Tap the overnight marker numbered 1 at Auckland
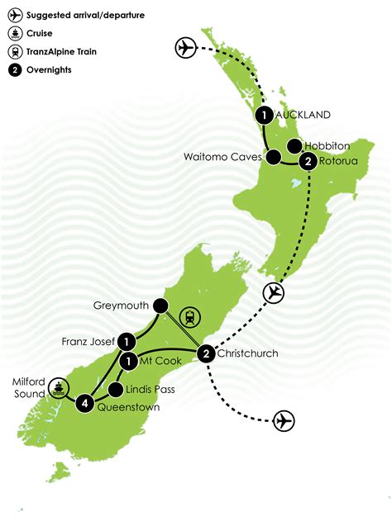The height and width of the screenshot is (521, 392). tap(264, 116)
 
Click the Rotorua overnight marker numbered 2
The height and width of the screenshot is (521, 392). tap(308, 162)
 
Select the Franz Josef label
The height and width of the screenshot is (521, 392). tap(86, 340)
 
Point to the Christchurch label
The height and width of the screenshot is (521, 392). tap(249, 354)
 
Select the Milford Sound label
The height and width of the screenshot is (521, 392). tap(30, 386)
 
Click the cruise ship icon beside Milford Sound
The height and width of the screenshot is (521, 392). tap(59, 386)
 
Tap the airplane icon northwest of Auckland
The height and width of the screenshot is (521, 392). tap(187, 49)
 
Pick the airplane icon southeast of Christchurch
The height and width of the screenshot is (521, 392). tap(284, 420)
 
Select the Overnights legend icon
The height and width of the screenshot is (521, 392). tap(14, 69)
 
